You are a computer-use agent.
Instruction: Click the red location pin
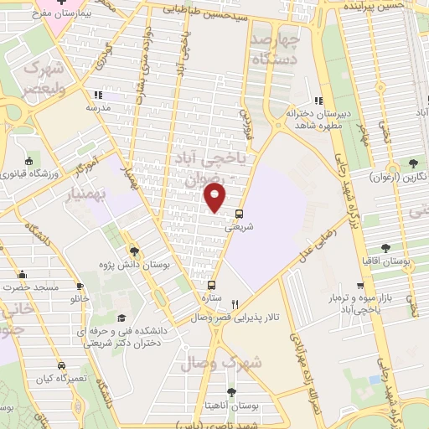pos(215,198)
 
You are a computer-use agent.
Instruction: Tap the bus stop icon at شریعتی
pos(240,213)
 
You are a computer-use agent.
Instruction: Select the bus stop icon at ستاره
pos(211,285)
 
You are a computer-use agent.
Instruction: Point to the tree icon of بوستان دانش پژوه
pos(134,251)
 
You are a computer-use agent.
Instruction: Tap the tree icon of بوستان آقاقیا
pos(385,248)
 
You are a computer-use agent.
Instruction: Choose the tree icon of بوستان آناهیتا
pos(231,392)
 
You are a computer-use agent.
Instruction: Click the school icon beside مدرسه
pos(98,95)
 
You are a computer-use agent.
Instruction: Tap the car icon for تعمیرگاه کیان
pos(61,365)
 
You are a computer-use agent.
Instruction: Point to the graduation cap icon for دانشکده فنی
pos(122,318)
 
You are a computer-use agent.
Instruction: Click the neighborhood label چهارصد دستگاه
pos(275,50)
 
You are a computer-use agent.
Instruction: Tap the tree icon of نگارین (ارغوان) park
pos(412,164)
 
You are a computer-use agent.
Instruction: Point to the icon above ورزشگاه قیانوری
pos(29,161)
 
